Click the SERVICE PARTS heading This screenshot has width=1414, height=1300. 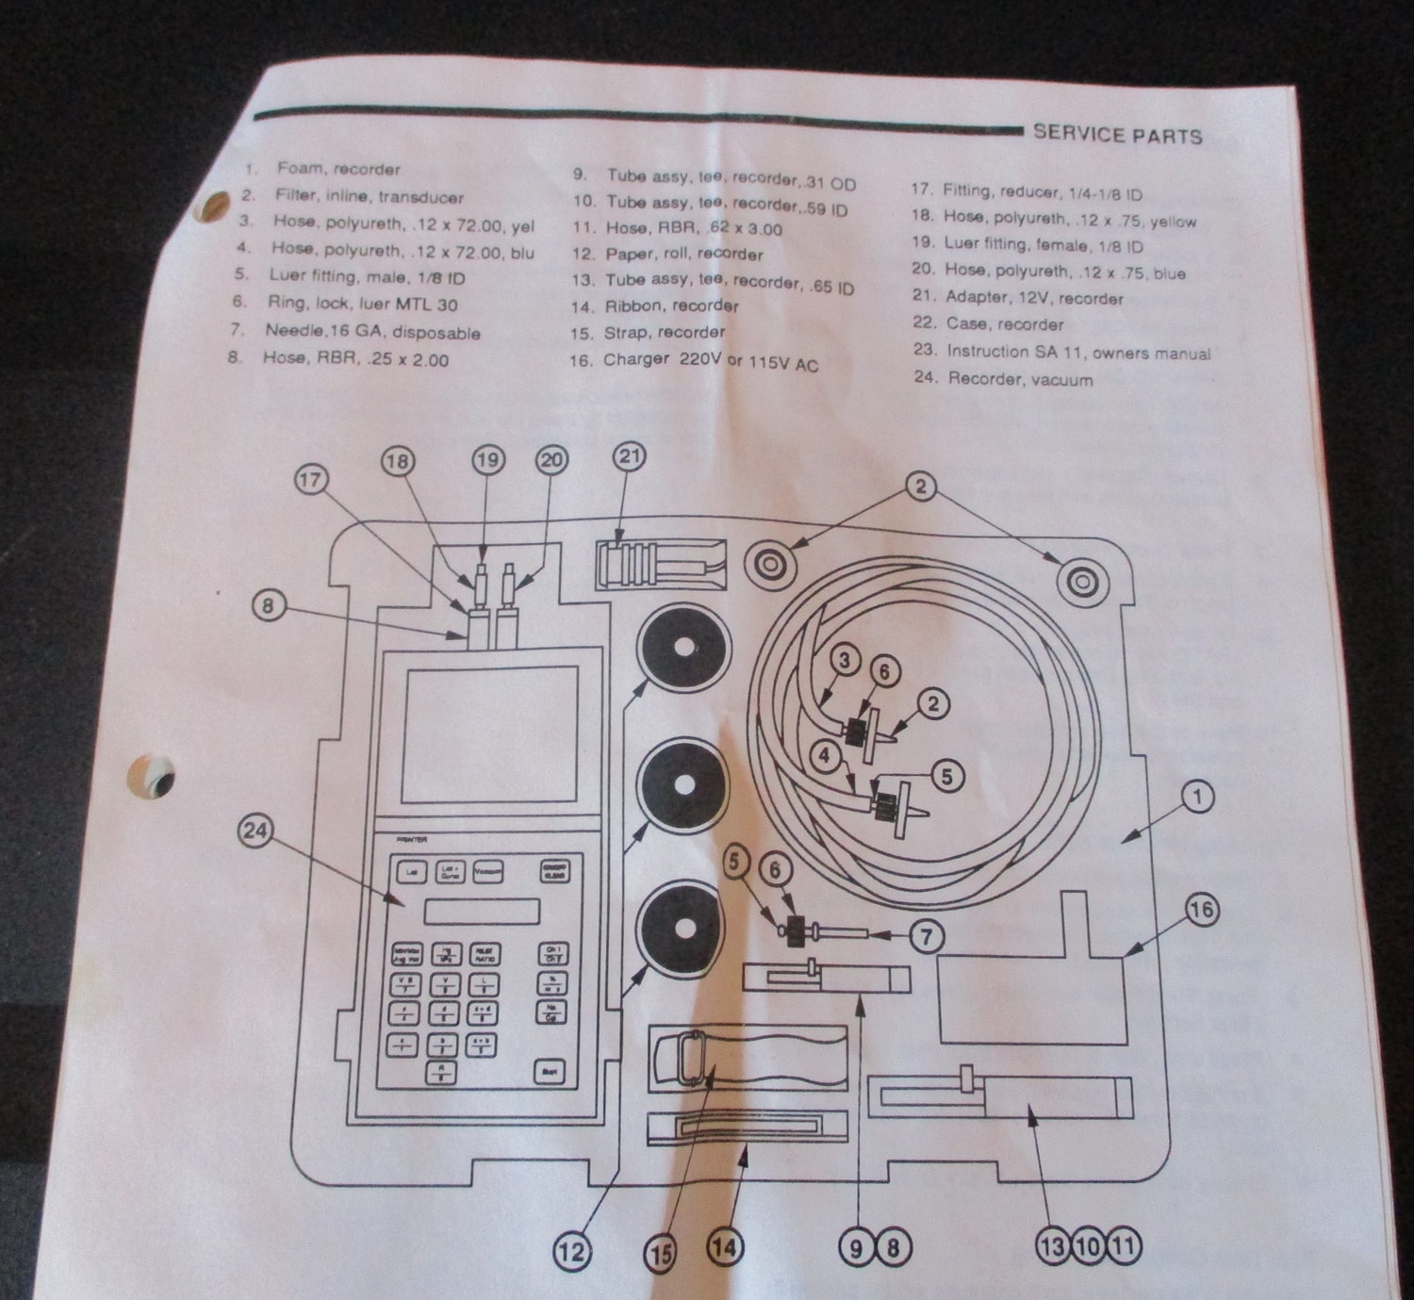pyautogui.click(x=1117, y=134)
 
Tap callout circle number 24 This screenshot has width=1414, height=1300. pyautogui.click(x=255, y=831)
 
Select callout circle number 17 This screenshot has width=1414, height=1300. pyautogui.click(x=311, y=479)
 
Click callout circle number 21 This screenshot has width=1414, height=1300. pyautogui.click(x=630, y=457)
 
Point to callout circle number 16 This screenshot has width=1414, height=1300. pyautogui.click(x=1200, y=910)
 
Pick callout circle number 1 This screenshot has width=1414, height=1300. pyautogui.click(x=1197, y=798)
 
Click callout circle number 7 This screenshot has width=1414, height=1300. pyautogui.click(x=926, y=935)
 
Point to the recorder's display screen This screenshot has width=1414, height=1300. pyautogui.click(x=491, y=733)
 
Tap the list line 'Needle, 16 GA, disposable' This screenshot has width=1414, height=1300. pyautogui.click(x=372, y=332)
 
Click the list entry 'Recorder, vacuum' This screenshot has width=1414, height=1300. pyautogui.click(x=1020, y=379)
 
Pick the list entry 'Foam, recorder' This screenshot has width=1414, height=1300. pyautogui.click(x=337, y=170)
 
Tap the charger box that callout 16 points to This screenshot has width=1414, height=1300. pyautogui.click(x=1031, y=998)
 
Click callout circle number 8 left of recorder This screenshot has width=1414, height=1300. pyautogui.click(x=269, y=604)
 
